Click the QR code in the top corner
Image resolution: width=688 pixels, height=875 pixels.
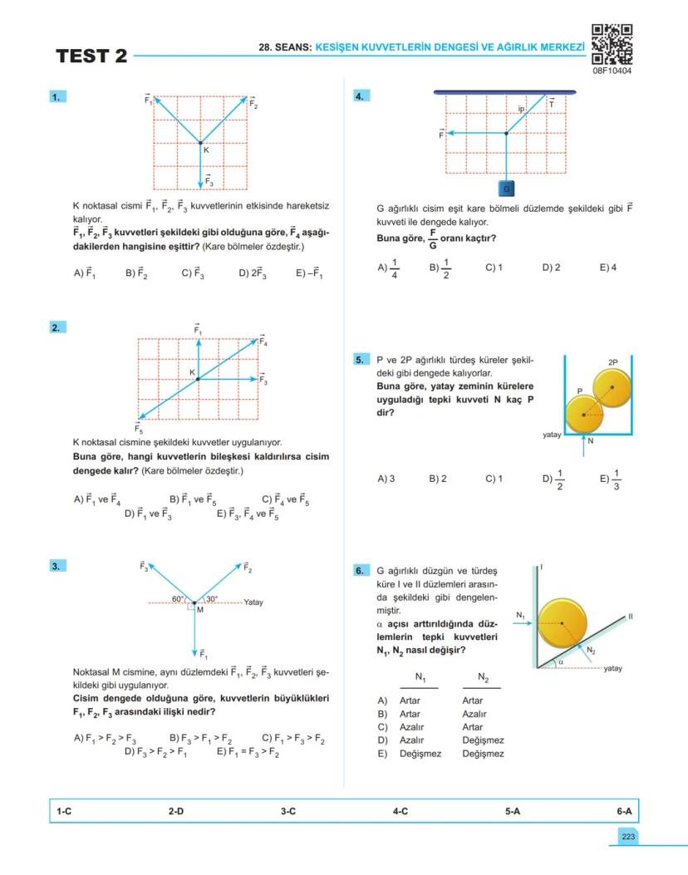(x=612, y=43)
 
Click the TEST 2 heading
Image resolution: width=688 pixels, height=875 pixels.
(x=91, y=57)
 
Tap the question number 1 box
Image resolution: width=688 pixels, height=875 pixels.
(x=57, y=97)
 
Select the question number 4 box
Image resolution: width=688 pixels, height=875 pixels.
(x=361, y=96)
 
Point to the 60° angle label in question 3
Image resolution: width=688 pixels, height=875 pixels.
(x=178, y=598)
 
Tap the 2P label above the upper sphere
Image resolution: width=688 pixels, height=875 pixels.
(x=613, y=363)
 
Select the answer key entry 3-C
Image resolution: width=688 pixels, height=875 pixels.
(x=288, y=811)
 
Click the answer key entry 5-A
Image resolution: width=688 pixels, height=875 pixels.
(x=513, y=811)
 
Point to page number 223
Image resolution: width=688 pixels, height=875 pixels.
(x=626, y=836)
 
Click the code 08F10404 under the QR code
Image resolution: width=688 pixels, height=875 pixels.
(x=612, y=71)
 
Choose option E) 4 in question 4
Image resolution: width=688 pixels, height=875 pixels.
(x=607, y=268)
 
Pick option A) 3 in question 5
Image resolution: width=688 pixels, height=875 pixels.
(x=386, y=479)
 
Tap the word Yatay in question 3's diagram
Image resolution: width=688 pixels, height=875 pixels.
(x=253, y=602)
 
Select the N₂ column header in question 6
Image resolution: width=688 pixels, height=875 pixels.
(x=483, y=679)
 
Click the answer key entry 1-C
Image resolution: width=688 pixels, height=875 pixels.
(x=63, y=811)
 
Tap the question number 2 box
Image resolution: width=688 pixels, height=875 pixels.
(x=57, y=327)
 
